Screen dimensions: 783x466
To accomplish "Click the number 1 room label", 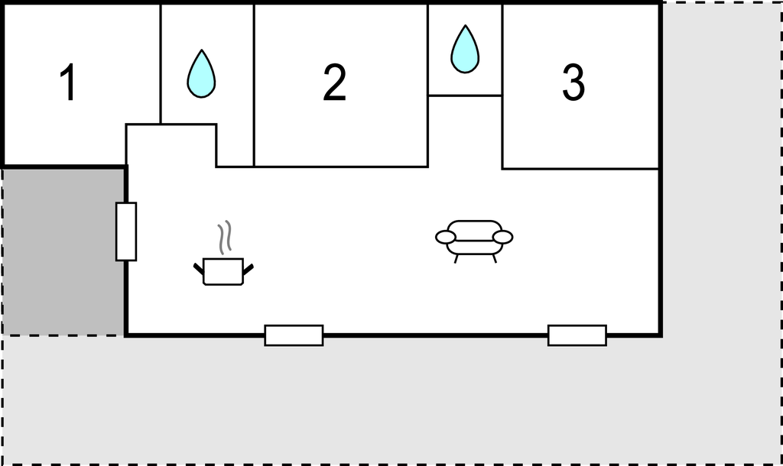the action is pyautogui.click(x=68, y=83).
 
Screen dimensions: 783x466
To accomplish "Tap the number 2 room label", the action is pyautogui.click(x=335, y=83).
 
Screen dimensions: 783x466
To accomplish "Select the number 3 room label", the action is pyautogui.click(x=573, y=83).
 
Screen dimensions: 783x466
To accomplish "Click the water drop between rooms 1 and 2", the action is pyautogui.click(x=201, y=73).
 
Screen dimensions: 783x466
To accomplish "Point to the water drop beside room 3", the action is pyautogui.click(x=465, y=49).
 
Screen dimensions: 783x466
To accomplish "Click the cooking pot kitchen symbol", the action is pyautogui.click(x=223, y=271).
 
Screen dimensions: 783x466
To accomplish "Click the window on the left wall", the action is pyautogui.click(x=126, y=231).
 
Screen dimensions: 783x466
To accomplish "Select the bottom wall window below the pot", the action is pyautogui.click(x=294, y=335).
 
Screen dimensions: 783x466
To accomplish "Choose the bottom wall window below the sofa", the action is pyautogui.click(x=577, y=335).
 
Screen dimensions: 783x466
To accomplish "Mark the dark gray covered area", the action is pyautogui.click(x=63, y=252).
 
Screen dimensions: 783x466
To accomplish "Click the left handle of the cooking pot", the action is pyautogui.click(x=199, y=269).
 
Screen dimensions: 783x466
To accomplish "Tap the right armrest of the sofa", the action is pyautogui.click(x=503, y=237).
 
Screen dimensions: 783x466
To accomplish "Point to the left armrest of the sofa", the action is pyautogui.click(x=446, y=237).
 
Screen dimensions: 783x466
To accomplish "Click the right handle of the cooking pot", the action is pyautogui.click(x=249, y=269).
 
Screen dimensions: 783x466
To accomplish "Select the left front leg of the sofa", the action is pyautogui.click(x=456, y=258).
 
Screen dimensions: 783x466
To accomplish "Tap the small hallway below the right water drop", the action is pyautogui.click(x=465, y=131).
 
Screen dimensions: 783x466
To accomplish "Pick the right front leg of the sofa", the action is pyautogui.click(x=495, y=258).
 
